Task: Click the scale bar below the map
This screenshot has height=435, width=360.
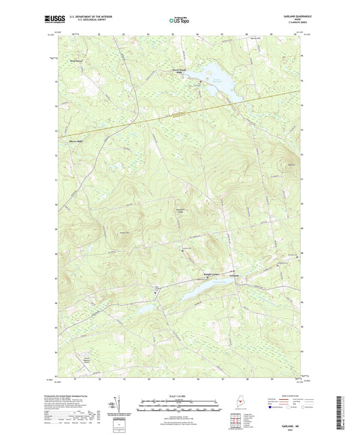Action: [179, 403]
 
